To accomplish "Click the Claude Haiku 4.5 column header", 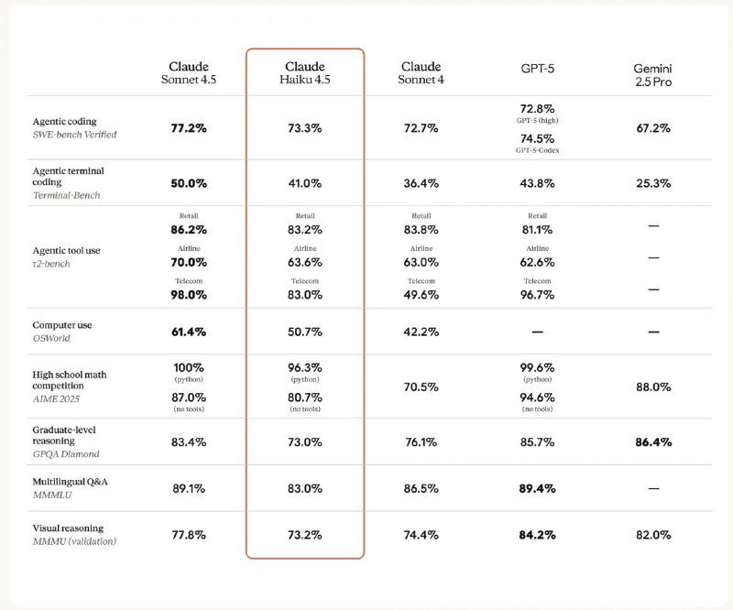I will point(305,73).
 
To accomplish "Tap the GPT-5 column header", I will point(537,67).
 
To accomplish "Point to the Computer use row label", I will point(62,325).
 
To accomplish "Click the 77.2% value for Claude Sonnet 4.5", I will point(189,128).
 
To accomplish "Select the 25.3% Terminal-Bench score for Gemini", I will point(653,183).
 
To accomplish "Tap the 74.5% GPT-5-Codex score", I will point(538,139).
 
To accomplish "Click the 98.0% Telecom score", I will point(189,295).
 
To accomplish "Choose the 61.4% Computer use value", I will point(189,331).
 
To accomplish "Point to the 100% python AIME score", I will point(189,367).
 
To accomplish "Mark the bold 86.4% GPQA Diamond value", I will point(653,442).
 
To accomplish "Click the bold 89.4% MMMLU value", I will point(538,488).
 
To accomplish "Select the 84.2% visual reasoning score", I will point(538,534).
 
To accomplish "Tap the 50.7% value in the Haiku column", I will point(305,331).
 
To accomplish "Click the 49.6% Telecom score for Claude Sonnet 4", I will point(421,295).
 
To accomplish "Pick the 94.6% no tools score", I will point(538,398).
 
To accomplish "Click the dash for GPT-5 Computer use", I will point(538,331).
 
